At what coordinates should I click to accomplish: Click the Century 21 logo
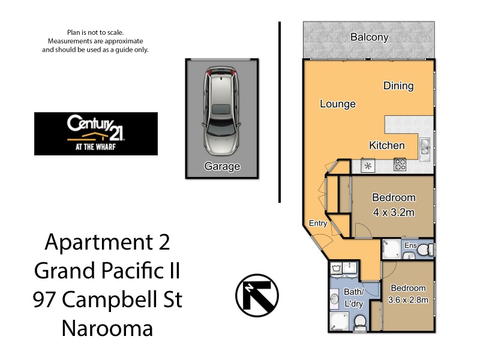(x=96, y=133)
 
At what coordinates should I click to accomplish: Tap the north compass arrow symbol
(x=257, y=296)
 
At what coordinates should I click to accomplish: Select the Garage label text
(x=222, y=167)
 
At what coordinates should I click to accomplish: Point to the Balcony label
(x=369, y=37)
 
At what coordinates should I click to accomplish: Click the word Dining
(x=398, y=86)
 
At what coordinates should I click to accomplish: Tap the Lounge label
(x=337, y=104)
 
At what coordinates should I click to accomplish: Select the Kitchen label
(x=386, y=145)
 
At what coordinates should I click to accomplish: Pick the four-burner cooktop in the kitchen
(x=400, y=164)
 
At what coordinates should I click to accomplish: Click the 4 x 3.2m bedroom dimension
(x=394, y=212)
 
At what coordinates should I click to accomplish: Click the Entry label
(x=318, y=224)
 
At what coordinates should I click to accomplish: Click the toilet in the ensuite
(x=425, y=250)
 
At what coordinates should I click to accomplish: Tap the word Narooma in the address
(x=107, y=328)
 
